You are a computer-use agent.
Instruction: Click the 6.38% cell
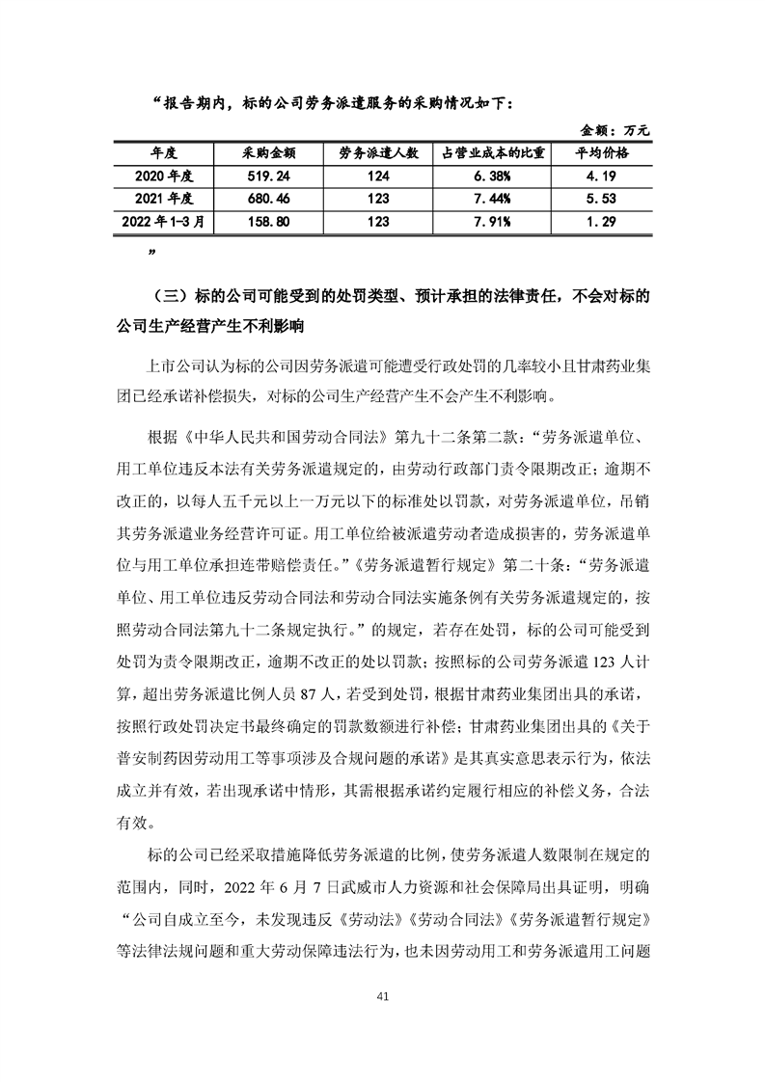tap(494, 176)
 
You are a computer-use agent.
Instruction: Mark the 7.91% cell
tap(494, 221)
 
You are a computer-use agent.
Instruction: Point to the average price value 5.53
tap(602, 199)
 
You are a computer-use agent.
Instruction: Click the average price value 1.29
tap(602, 221)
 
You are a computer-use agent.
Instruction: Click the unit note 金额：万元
tap(615, 129)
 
